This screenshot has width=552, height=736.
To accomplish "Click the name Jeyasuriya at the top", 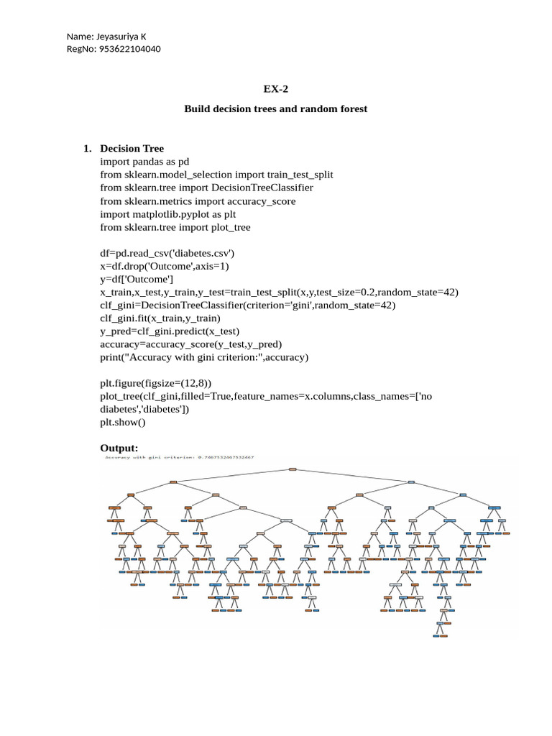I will [x=123, y=37].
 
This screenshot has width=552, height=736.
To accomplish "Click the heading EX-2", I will [x=275, y=88].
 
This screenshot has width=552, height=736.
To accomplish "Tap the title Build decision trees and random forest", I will [x=275, y=109].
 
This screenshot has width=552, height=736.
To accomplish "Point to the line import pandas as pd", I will [x=144, y=162].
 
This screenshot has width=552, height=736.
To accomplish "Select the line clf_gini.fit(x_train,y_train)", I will [x=160, y=318].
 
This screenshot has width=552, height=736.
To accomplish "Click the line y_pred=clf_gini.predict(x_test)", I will [x=170, y=331].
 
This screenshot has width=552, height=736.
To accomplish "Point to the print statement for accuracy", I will [x=204, y=356].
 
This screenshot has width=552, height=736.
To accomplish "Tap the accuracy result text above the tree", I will [x=180, y=457].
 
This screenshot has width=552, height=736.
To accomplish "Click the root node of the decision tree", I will [x=292, y=469].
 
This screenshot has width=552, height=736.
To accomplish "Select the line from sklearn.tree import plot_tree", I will [x=175, y=227].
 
